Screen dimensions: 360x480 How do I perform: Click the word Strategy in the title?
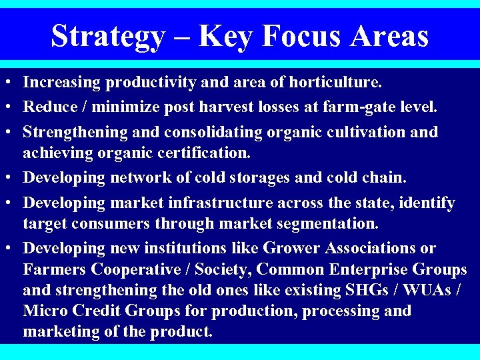tap(107, 36)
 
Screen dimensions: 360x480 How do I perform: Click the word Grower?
tap(292, 249)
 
